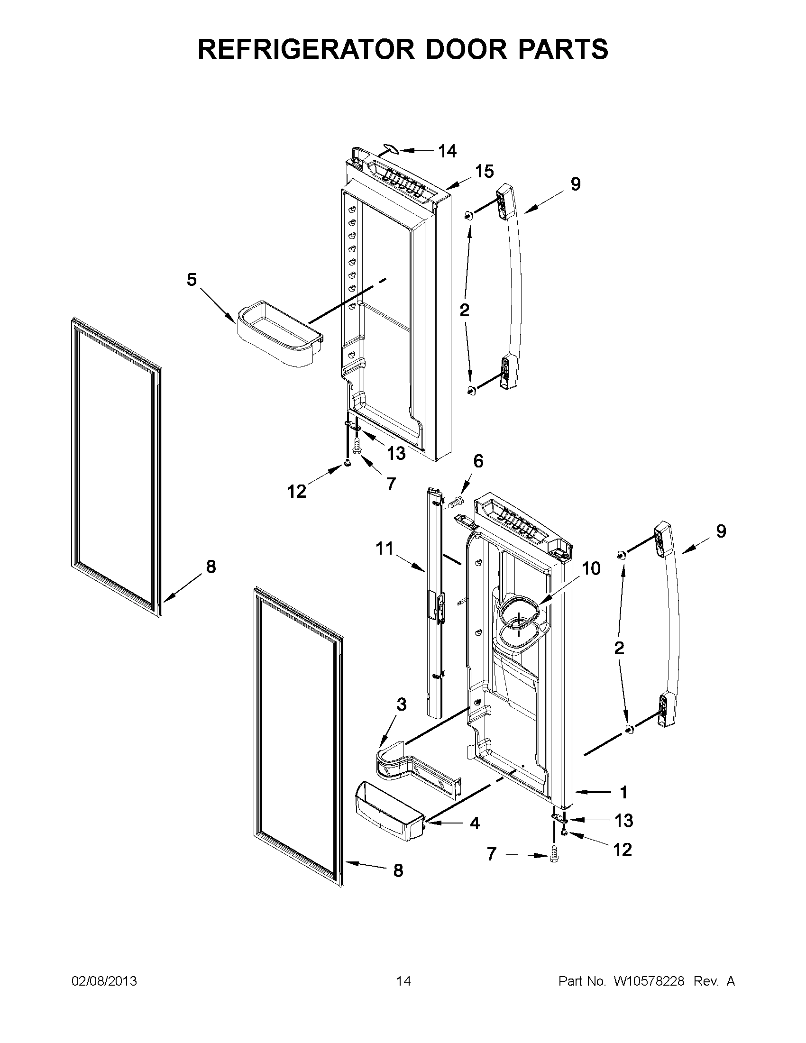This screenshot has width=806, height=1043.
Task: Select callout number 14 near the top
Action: pos(448,151)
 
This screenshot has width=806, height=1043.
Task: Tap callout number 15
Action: pos(484,172)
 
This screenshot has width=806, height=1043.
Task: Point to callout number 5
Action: pos(192,280)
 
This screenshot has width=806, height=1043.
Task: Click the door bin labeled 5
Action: pos(279,334)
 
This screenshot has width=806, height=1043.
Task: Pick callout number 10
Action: pos(591,568)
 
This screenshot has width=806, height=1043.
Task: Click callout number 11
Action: pos(385,549)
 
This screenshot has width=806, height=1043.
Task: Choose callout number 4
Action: pos(475,823)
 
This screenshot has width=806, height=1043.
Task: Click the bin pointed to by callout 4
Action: pos(389,819)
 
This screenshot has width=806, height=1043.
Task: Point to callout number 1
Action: pos(623,792)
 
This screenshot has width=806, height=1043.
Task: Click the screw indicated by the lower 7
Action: pos(554,854)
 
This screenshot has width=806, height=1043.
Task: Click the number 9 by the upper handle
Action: pos(576,184)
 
